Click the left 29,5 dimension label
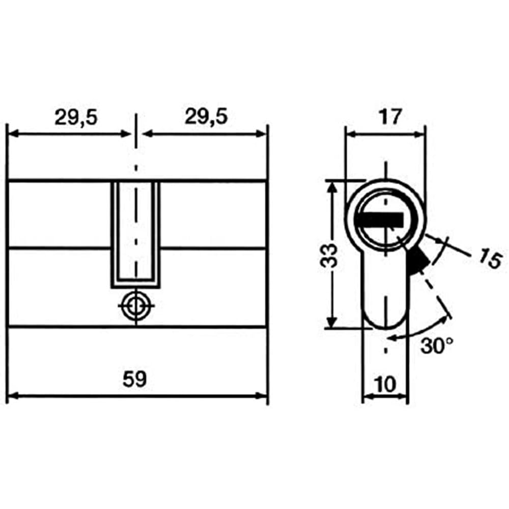click(76, 117)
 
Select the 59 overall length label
click(135, 379)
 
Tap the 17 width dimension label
click(390, 117)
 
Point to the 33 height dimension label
click(329, 256)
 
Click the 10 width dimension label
click(385, 384)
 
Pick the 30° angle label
click(437, 346)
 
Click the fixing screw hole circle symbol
click(136, 306)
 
